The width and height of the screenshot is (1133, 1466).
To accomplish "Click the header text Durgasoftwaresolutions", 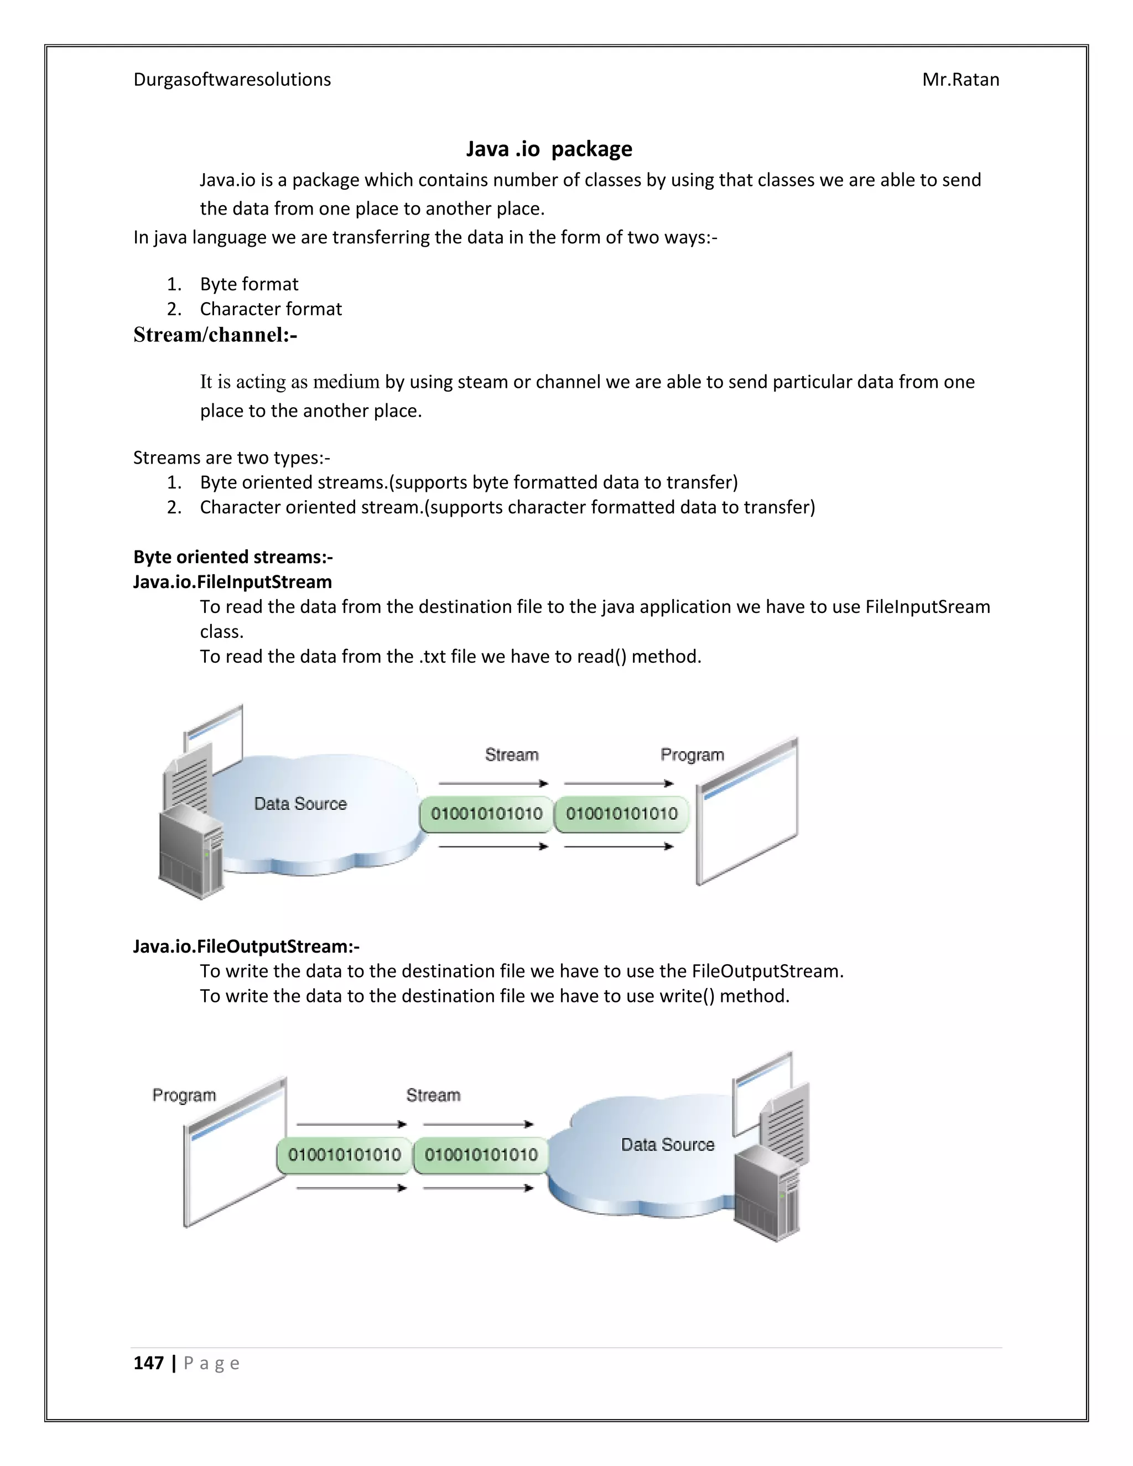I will click(232, 80).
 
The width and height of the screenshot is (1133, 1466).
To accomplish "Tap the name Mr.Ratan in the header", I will click(960, 80).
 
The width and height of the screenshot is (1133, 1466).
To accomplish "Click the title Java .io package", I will click(548, 148).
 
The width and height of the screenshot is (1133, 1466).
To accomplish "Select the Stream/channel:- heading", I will click(215, 334).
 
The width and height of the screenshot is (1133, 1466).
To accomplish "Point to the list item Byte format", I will click(248, 284).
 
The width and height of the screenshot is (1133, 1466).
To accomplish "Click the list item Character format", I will click(271, 309).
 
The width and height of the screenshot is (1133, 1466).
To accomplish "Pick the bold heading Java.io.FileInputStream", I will click(232, 582).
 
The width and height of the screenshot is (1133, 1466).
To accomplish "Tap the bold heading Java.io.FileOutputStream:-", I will click(246, 947).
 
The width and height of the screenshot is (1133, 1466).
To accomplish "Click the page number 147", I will click(148, 1363).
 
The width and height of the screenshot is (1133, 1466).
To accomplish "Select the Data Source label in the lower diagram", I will click(667, 1145).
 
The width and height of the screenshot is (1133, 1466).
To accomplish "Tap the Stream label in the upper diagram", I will click(512, 755).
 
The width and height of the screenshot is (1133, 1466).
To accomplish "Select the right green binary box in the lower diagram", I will click(481, 1155).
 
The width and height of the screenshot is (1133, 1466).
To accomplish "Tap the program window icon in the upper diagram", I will click(746, 812).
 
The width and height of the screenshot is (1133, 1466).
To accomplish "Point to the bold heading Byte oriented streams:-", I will click(232, 557).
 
